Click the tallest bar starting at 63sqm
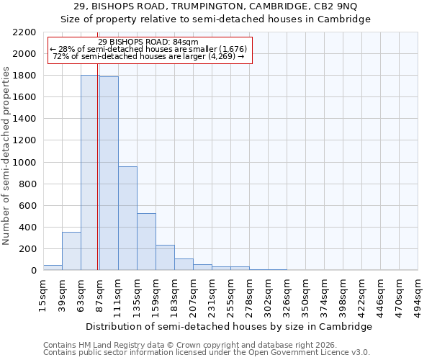pyautogui.click(x=90, y=173)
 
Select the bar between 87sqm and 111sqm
pyautogui.click(x=109, y=174)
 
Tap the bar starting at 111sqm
pyautogui.click(x=127, y=218)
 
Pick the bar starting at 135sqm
pyautogui.click(x=146, y=242)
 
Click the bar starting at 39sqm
pyautogui.click(x=71, y=251)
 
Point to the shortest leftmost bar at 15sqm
pyautogui.click(x=53, y=268)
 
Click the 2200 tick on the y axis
pyautogui.click(x=24, y=32)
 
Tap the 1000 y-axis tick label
pyautogui.click(x=24, y=163)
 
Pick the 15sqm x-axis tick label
pyautogui.click(x=43, y=292)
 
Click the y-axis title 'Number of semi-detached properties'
pyautogui.click(x=6, y=156)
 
